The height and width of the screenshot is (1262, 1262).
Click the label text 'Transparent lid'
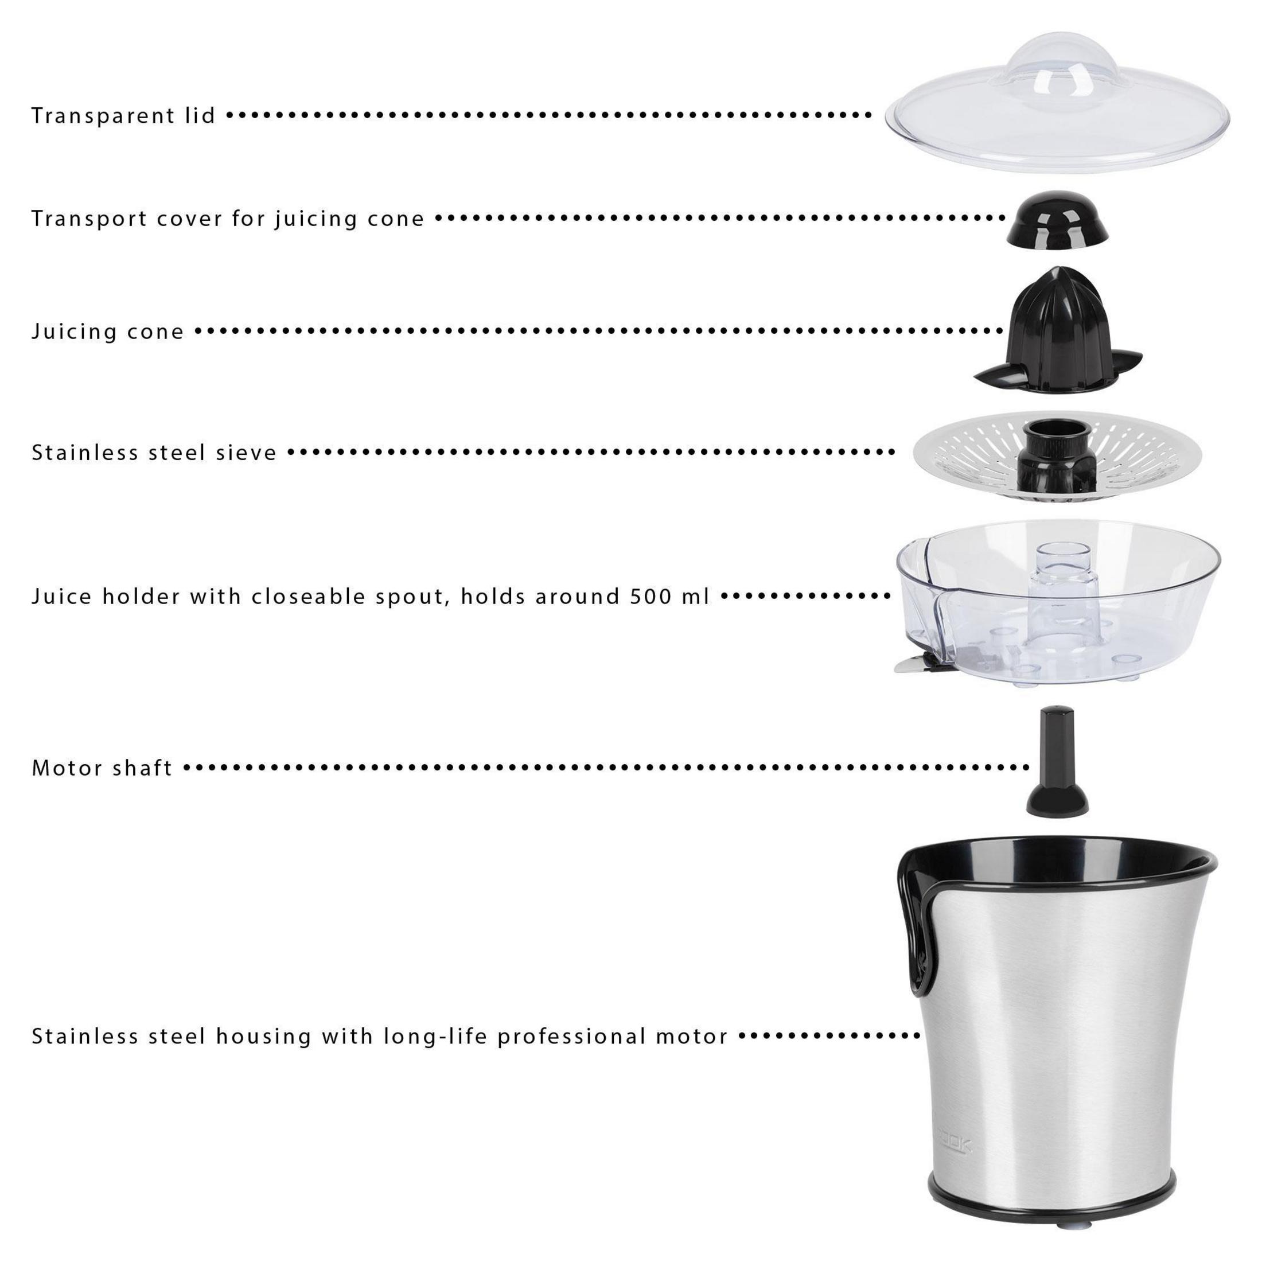(x=123, y=116)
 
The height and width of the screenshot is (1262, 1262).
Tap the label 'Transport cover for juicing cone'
(x=228, y=218)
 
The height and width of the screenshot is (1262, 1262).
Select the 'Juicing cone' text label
(x=108, y=331)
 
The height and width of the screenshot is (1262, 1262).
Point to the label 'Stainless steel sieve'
(x=154, y=452)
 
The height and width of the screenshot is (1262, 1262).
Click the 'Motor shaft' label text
(x=102, y=768)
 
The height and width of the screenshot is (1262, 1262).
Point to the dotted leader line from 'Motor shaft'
(x=607, y=768)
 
